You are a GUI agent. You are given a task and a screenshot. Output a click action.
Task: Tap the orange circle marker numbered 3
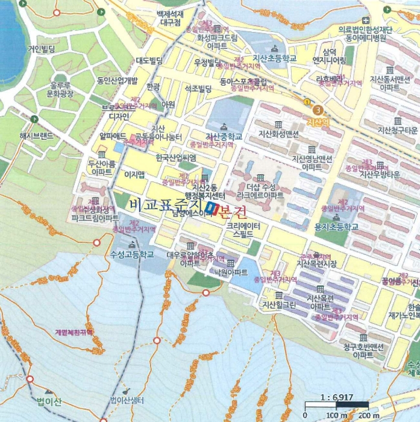coord(318,110)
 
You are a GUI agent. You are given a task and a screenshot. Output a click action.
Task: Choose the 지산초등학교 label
coord(275,58)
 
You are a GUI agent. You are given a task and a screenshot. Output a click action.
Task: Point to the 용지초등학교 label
coord(336,227)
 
